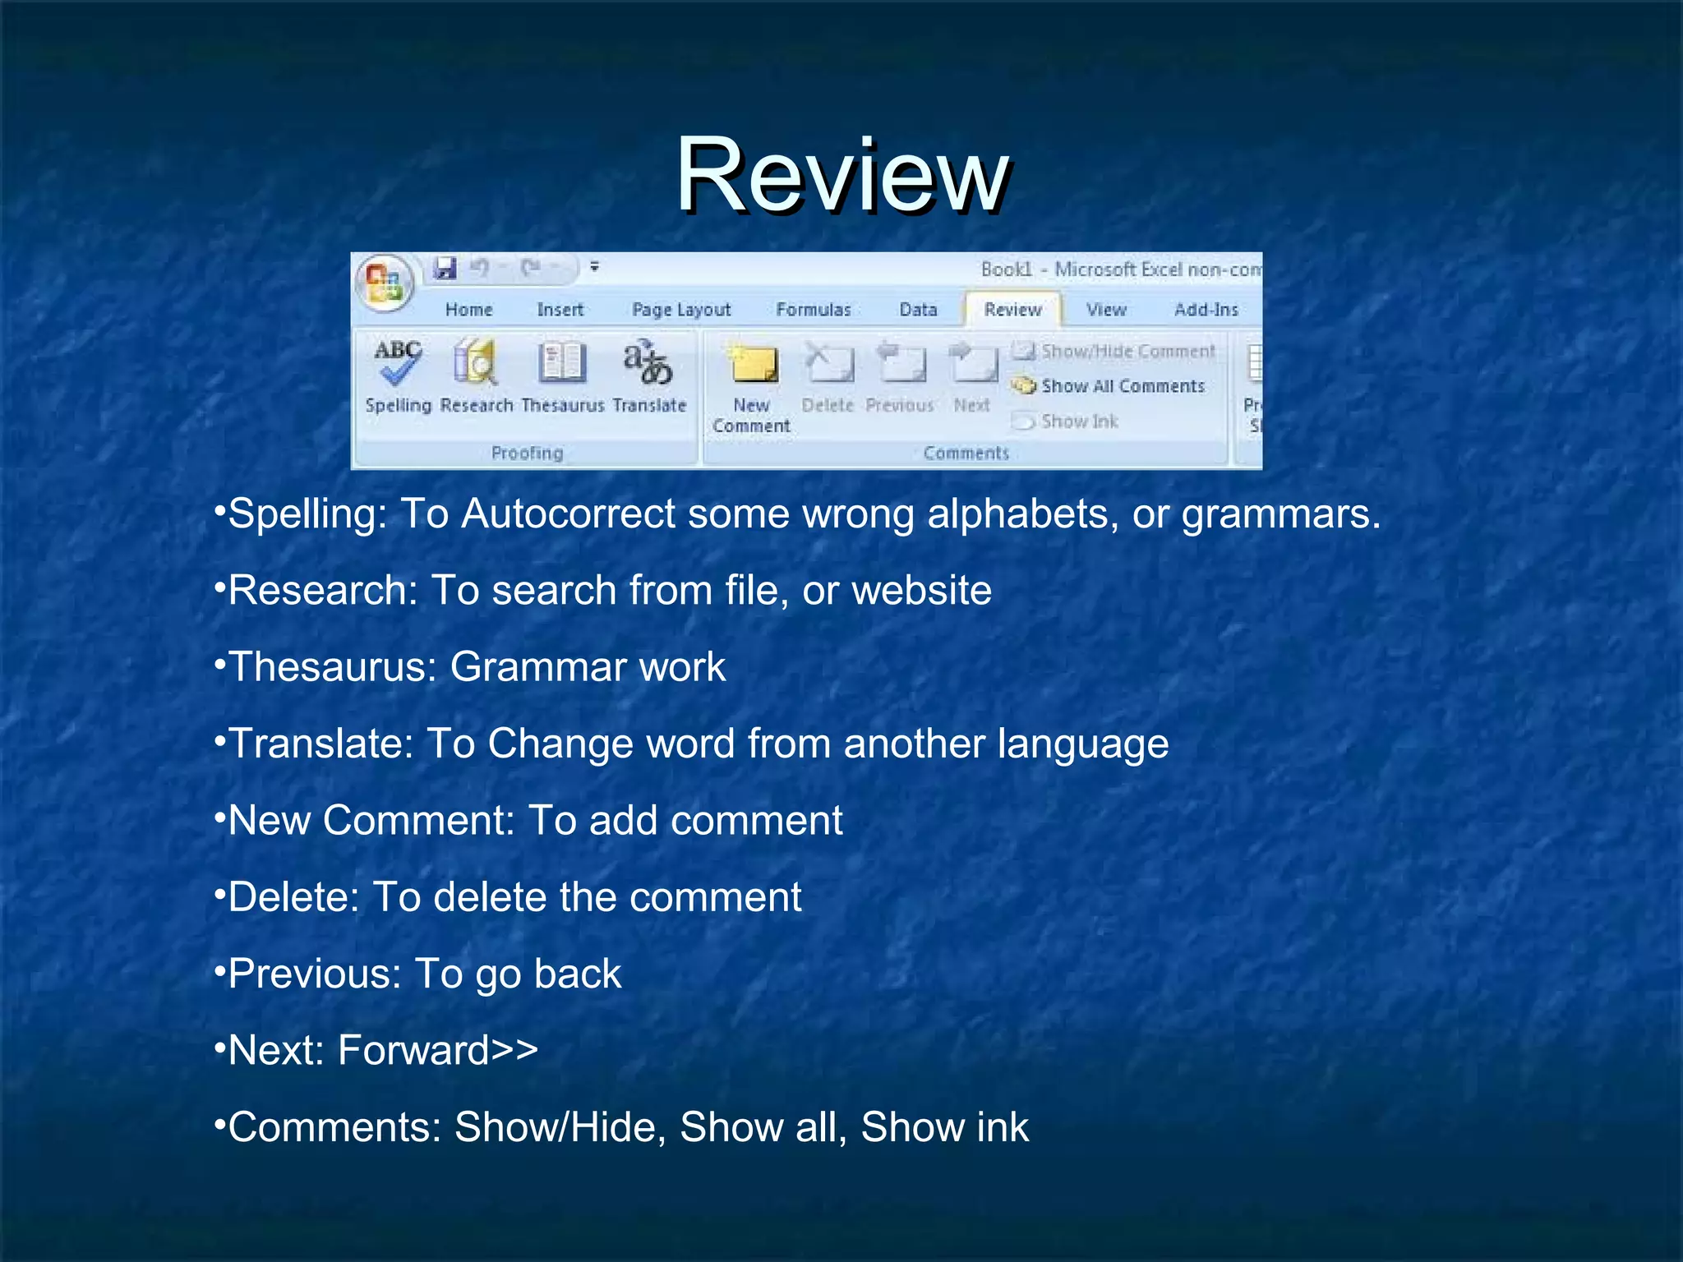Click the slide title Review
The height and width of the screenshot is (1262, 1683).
pos(842,175)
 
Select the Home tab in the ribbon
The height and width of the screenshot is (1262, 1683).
pos(468,310)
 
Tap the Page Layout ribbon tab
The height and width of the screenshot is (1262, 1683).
pos(681,310)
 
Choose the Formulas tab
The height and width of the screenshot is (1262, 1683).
pos(814,310)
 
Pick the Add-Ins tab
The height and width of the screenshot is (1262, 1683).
pos(1206,310)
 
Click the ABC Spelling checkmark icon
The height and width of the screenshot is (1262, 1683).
pos(398,362)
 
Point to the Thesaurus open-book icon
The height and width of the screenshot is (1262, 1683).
pos(562,362)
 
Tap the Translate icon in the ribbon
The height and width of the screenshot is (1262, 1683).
pos(648,362)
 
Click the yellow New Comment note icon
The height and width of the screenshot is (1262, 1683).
pos(752,364)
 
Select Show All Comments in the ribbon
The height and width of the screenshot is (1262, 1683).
pos(1122,386)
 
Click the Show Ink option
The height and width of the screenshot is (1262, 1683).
pos(1079,421)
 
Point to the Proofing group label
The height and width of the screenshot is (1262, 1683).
pos(527,453)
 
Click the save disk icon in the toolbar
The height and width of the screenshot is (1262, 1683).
pos(445,268)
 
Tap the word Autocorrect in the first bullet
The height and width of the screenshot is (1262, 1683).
pos(568,514)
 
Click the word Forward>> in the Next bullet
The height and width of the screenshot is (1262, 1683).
pos(438,1051)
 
